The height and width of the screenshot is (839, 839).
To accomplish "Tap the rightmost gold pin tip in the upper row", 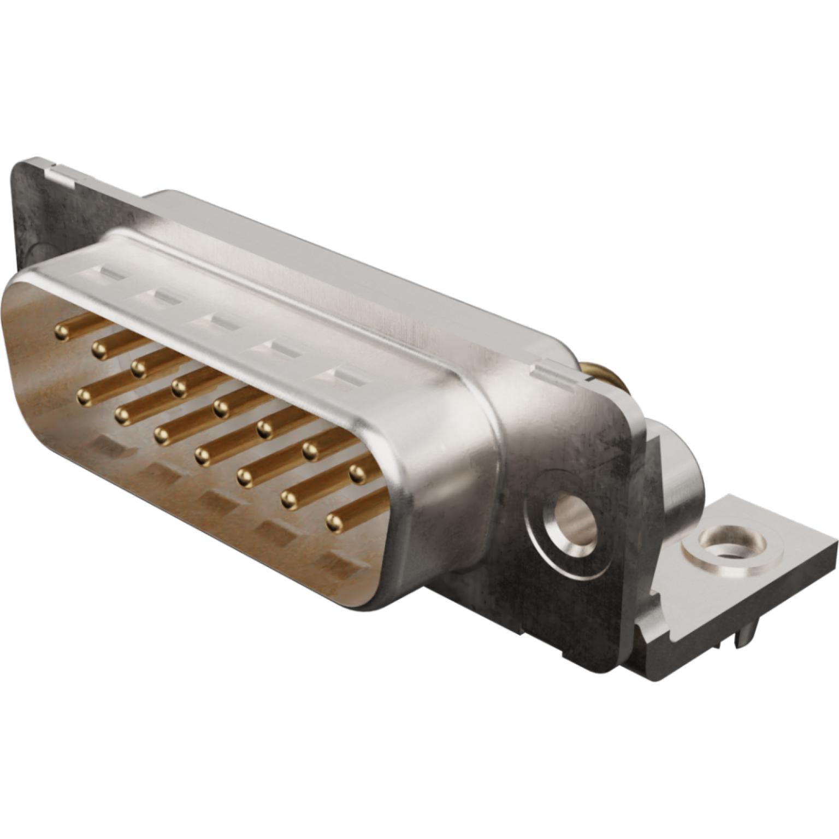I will coord(357,474).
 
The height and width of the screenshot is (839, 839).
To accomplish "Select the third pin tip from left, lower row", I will coord(162,435).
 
